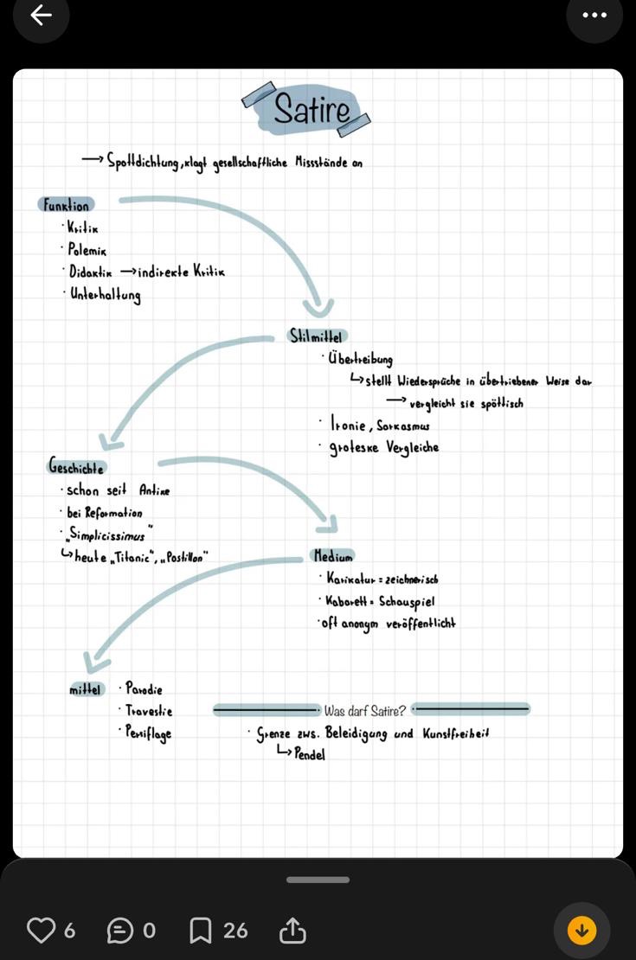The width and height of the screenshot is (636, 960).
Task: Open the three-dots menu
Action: (594, 15)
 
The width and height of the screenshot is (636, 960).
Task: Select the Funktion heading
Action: (66, 206)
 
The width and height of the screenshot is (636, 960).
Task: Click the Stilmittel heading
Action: (317, 336)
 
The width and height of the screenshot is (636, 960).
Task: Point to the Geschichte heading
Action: (76, 468)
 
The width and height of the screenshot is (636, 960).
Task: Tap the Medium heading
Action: (332, 555)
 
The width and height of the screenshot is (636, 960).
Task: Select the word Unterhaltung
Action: (106, 295)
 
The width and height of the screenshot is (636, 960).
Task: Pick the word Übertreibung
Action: (361, 359)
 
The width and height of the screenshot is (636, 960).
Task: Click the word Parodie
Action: (145, 689)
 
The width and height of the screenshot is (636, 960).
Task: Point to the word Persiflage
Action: (149, 733)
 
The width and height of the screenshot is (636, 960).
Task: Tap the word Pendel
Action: (310, 754)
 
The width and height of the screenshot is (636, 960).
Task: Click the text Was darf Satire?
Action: (364, 712)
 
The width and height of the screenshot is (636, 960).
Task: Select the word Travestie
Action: (150, 711)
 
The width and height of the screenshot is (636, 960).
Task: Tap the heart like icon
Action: (41, 931)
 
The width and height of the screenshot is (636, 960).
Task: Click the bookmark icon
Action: (200, 931)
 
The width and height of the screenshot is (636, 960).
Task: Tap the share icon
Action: (292, 931)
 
